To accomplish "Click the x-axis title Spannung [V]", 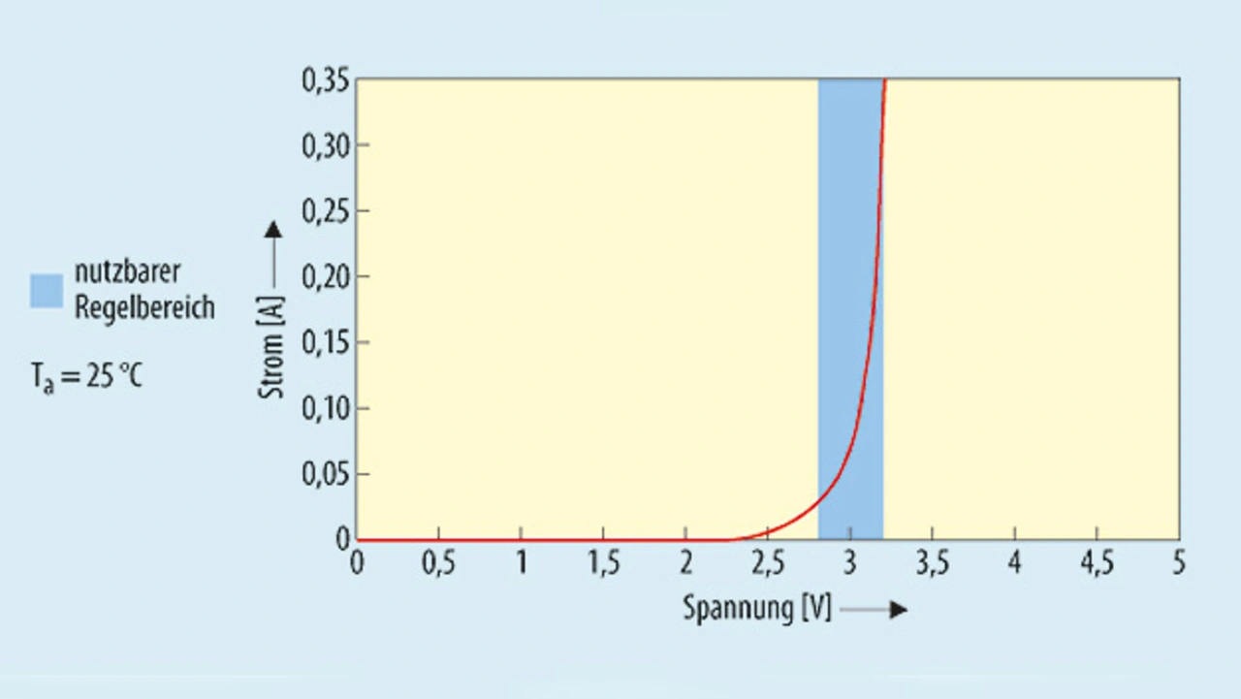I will (757, 609).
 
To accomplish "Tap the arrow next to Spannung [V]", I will (875, 610).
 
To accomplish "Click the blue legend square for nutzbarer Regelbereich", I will (47, 291).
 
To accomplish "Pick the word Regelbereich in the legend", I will (144, 308).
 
